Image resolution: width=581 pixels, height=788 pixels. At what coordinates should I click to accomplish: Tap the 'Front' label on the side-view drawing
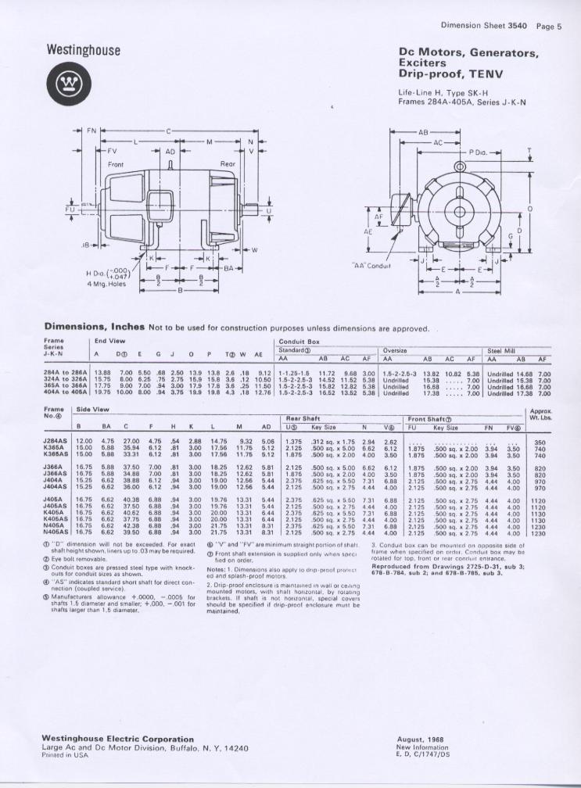pyautogui.click(x=116, y=165)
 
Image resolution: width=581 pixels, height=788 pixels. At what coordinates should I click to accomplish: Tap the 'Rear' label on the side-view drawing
pyautogui.click(x=228, y=164)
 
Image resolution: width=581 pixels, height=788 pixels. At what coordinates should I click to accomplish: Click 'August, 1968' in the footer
pyautogui.click(x=421, y=739)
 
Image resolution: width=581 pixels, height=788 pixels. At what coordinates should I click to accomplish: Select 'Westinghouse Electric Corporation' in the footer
pyautogui.click(x=113, y=736)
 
